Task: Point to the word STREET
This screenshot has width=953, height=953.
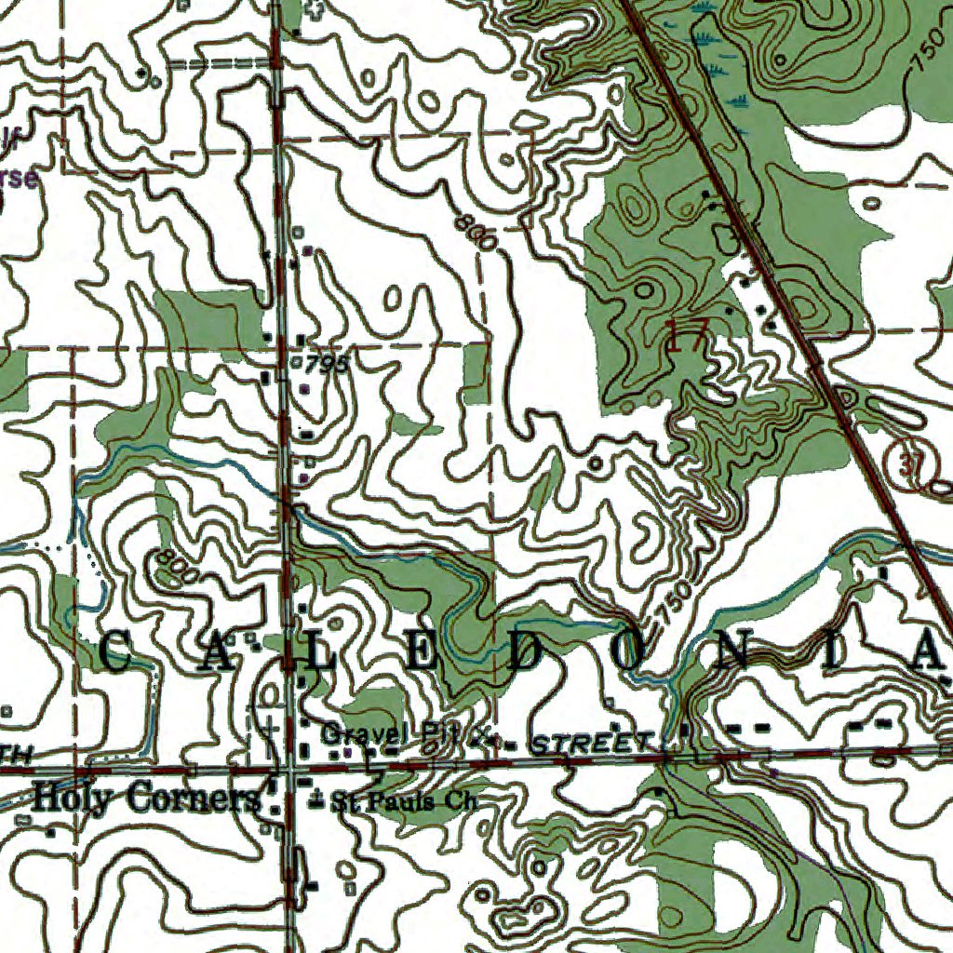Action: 592,743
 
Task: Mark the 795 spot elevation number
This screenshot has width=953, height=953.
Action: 325,364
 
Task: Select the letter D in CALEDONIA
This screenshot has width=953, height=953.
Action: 524,653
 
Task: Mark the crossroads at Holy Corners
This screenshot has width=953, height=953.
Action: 290,770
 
